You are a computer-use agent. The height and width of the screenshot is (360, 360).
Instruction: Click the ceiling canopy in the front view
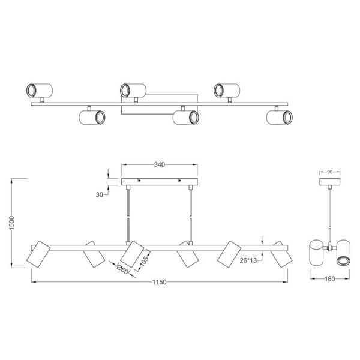[160, 182]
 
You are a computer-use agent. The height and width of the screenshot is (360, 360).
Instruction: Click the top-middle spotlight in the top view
[133, 90]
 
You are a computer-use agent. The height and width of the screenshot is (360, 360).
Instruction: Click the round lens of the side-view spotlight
[343, 260]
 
